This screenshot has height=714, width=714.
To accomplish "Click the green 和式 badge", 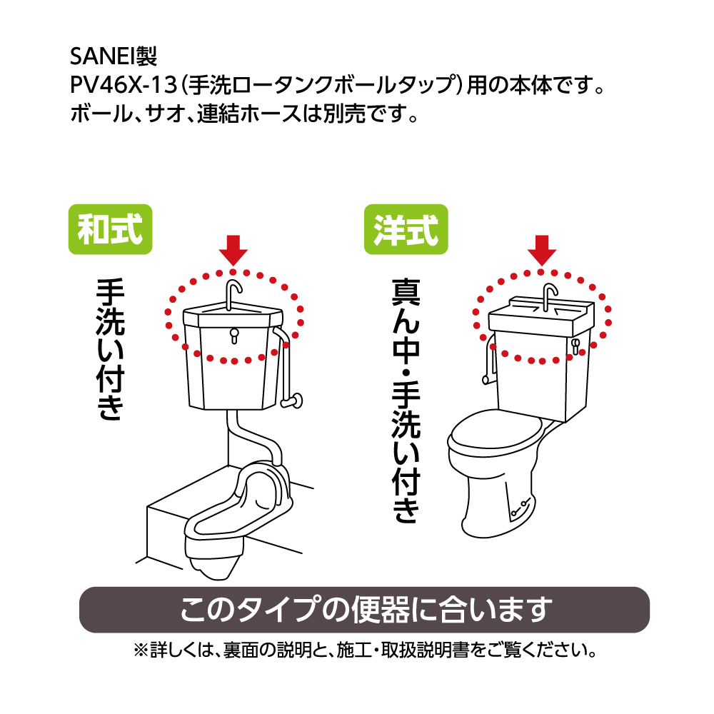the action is (x=110, y=229).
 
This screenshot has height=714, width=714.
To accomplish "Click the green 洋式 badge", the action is (x=406, y=229).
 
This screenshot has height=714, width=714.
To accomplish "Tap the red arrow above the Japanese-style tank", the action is (x=233, y=250).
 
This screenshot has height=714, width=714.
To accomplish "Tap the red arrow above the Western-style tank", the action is (x=542, y=250).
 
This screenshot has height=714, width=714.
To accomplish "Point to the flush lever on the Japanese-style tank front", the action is (x=234, y=335).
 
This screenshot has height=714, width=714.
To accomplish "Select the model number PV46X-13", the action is (x=123, y=85).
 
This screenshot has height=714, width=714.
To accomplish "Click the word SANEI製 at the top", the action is (x=114, y=56).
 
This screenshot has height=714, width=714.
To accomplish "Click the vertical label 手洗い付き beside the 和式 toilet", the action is (x=110, y=349).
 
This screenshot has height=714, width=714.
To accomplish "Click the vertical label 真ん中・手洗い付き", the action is (x=406, y=401).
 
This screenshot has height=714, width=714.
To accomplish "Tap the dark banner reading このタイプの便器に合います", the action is (x=364, y=609).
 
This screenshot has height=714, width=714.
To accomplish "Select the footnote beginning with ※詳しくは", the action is (x=365, y=650).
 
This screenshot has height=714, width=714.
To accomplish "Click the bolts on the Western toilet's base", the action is (x=520, y=508).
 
